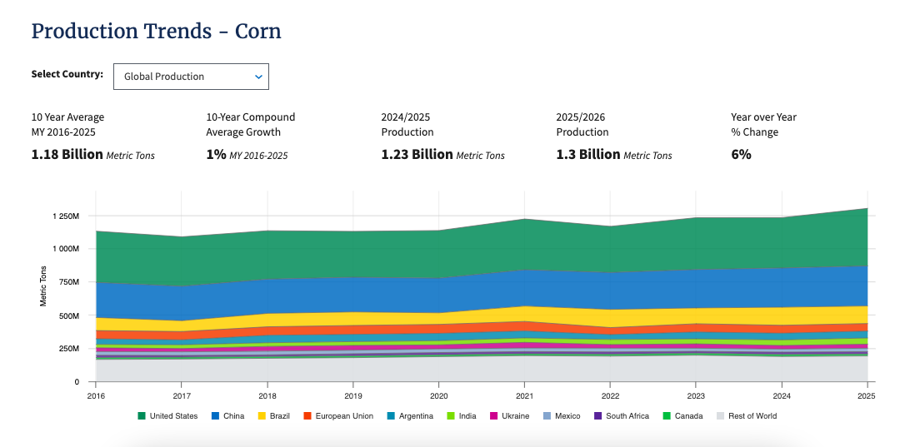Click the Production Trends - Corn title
[x=156, y=31]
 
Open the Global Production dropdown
[x=191, y=76]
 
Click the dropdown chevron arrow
[x=258, y=77]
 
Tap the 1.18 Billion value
[x=67, y=155]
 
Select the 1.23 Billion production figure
[x=417, y=155]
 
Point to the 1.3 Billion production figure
[x=588, y=155]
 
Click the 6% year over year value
[x=741, y=155]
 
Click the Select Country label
[x=67, y=74]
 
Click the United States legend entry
[x=167, y=416]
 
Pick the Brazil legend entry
[x=273, y=416]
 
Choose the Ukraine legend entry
[x=510, y=416]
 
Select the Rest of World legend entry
[x=747, y=416]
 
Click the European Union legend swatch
[x=307, y=416]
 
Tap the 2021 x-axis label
[x=524, y=395]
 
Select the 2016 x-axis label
[x=96, y=395]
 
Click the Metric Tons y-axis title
[x=43, y=286]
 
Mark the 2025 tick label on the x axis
[x=867, y=395]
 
